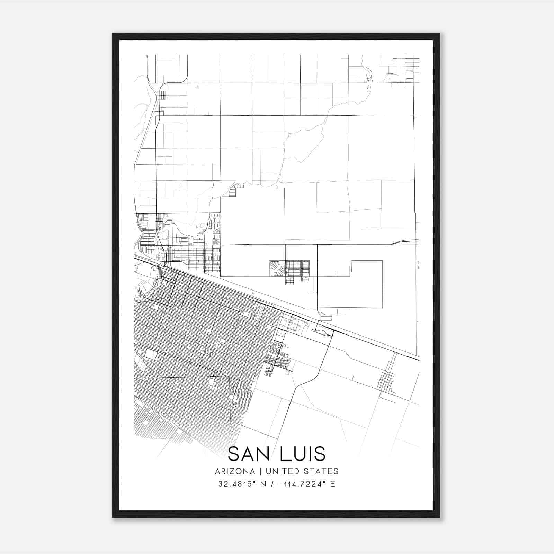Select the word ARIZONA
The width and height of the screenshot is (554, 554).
point(235,471)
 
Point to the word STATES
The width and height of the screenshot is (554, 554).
point(321,471)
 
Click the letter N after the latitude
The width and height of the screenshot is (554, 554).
point(263,484)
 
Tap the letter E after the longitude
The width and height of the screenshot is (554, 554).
point(332,484)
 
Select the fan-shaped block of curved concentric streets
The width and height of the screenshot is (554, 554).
point(277,268)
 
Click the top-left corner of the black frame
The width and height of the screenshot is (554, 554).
point(113,34)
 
